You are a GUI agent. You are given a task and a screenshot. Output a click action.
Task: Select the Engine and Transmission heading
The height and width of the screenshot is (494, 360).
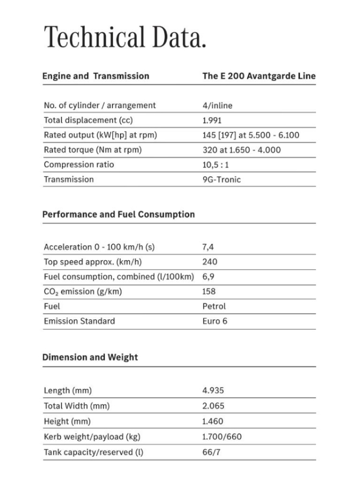[x=96, y=76]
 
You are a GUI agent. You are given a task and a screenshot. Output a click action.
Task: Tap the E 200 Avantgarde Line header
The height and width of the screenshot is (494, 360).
[x=259, y=76]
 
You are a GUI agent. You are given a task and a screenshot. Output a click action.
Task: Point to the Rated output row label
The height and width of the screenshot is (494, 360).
[x=100, y=135]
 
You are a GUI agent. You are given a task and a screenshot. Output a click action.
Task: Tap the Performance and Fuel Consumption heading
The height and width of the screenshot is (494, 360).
[x=118, y=214]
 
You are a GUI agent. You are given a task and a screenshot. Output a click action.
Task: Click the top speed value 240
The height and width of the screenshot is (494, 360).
[x=210, y=262]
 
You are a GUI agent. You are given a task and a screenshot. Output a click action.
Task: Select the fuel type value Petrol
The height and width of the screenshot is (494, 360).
[x=214, y=306]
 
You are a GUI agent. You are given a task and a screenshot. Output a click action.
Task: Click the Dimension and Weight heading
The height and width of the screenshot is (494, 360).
[x=90, y=357]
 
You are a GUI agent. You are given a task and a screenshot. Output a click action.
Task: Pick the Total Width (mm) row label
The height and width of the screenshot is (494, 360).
[x=77, y=406]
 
